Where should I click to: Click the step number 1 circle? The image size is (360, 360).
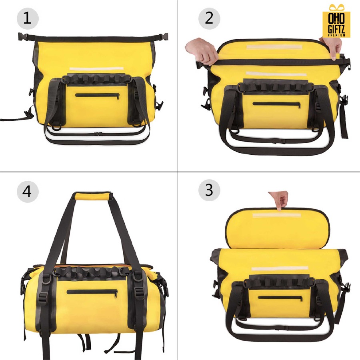pos(28,18)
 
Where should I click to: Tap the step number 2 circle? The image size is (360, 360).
pos(209,18)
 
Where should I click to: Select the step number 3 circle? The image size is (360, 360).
pos(209,190)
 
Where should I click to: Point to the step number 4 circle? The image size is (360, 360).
pos(28,191)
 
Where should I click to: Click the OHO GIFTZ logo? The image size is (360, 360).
pos(336,21)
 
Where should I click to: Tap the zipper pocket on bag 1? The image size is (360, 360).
pos(97,96)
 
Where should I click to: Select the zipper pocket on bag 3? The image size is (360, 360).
pos(280,298)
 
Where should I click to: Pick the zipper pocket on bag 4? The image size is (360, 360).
pos(92,293)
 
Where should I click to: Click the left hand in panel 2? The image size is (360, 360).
pos(202,51)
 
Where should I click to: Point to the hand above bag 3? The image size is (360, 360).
pos(278,200)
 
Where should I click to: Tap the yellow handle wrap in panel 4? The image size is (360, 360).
pos(93,196)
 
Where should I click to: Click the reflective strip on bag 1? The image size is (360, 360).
pos(96,69)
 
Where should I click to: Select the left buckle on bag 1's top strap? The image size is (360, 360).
pos(23,37)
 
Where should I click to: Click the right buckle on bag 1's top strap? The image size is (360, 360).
pos(163,36)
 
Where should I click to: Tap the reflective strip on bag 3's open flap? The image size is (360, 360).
pos(276,215)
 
